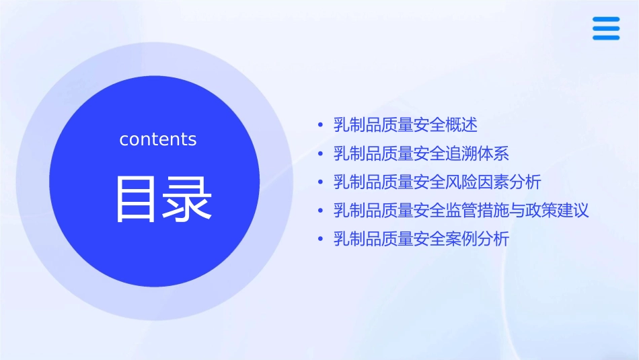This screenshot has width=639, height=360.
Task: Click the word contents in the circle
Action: [x=158, y=139]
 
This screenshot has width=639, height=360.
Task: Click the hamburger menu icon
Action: [x=606, y=28]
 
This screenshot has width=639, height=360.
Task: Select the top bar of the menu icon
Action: [x=606, y=20]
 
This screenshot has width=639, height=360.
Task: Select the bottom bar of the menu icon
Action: [x=606, y=37]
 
